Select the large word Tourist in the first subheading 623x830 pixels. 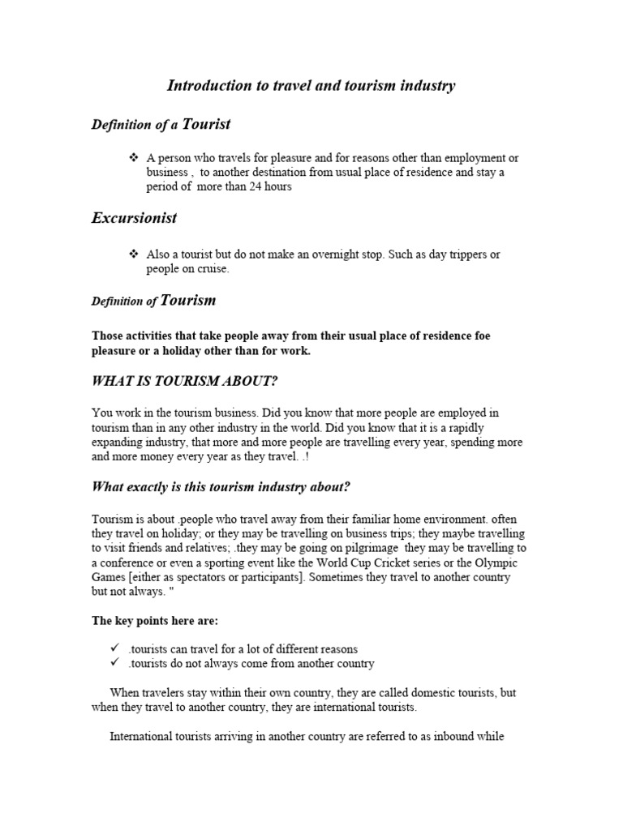pyautogui.click(x=206, y=124)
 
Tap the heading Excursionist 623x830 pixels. pyautogui.click(x=134, y=218)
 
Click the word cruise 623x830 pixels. pyautogui.click(x=211, y=269)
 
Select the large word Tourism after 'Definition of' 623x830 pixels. pyautogui.click(x=188, y=301)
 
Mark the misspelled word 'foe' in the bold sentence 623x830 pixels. pyautogui.click(x=479, y=336)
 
